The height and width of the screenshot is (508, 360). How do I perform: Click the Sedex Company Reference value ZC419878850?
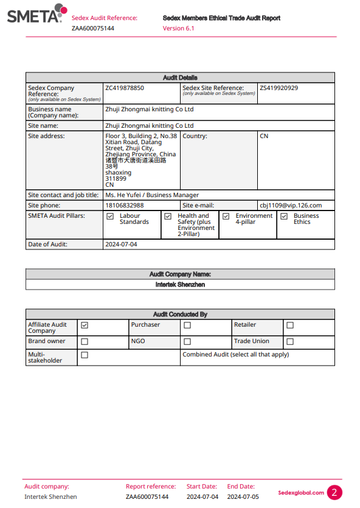point(125,88)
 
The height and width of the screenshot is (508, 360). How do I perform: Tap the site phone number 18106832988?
point(125,206)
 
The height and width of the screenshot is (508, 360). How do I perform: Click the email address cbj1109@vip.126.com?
point(291,206)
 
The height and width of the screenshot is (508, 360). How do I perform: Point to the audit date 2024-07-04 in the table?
point(122,245)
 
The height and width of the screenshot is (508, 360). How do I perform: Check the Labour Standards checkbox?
point(110,216)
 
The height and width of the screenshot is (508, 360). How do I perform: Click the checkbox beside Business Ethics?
point(284,216)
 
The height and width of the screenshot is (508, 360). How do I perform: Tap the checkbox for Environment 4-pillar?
point(226,216)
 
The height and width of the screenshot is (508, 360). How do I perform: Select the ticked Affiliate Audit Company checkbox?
point(85,325)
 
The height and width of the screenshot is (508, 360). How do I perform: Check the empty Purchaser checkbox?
point(187,325)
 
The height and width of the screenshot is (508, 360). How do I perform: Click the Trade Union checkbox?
point(290,341)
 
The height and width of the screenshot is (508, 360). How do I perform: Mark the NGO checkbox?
point(187,341)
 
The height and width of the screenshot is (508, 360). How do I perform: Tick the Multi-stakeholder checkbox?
point(85,355)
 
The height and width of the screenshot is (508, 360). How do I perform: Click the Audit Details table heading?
point(180,78)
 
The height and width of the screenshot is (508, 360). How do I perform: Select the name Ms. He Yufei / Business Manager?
point(152,195)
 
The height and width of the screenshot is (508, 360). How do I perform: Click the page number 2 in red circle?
point(334,493)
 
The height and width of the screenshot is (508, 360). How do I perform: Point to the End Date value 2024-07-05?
point(243,497)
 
